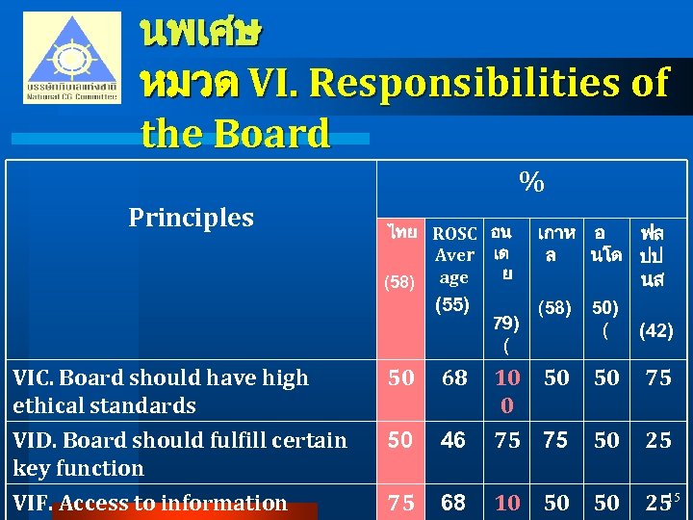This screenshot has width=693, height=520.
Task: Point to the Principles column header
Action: click(x=191, y=218)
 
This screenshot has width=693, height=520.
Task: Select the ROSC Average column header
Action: click(x=454, y=255)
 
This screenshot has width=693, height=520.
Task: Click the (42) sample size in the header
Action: click(x=655, y=330)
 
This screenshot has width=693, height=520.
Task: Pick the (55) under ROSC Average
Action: click(x=452, y=305)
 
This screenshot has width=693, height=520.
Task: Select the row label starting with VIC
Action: click(x=161, y=391)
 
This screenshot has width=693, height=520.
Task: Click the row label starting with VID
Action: click(x=180, y=454)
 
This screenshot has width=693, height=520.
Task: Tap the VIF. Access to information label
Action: click(x=150, y=503)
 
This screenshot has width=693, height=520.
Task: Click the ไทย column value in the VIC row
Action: click(x=401, y=378)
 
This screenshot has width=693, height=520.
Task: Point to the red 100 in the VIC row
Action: click(x=507, y=391)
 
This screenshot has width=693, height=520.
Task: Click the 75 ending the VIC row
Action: click(x=657, y=378)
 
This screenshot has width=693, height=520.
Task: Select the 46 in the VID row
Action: click(x=452, y=440)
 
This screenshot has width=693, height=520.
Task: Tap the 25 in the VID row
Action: click(x=657, y=440)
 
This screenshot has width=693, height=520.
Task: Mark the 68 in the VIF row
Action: click(x=452, y=503)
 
